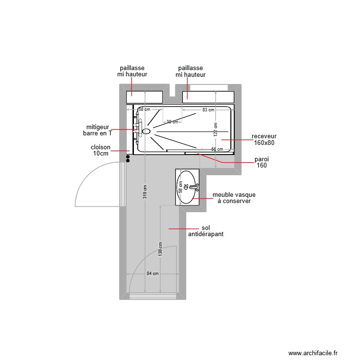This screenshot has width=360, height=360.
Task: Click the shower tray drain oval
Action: point(146,131)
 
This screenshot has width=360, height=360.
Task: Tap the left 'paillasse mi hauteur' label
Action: point(132,72)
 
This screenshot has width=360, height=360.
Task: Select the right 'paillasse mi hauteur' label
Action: point(190,72)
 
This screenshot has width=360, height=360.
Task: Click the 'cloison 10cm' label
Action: point(101,150)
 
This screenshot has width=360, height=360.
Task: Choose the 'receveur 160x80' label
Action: point(264,139)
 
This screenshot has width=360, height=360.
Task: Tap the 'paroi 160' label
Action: point(262,162)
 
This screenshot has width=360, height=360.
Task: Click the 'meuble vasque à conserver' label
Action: point(234,198)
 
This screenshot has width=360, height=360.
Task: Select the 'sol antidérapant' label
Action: point(206,231)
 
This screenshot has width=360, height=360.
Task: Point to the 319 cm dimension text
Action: point(145,192)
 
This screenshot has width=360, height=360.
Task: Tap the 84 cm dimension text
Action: point(153,274)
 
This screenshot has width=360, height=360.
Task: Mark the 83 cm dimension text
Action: point(208,110)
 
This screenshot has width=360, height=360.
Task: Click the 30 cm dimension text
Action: point(172,122)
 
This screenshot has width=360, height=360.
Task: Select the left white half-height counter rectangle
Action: point(144,97)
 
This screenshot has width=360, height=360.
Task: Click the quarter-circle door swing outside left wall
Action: point(96,185)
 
